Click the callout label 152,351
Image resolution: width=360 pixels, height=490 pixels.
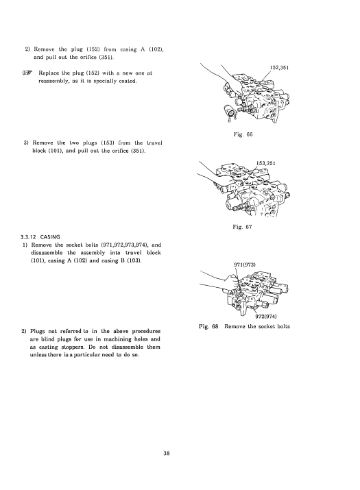pyautogui.click(x=279, y=67)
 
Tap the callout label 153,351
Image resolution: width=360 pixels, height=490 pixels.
pyautogui.click(x=266, y=163)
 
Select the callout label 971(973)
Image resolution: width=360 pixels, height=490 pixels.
pyautogui.click(x=245, y=265)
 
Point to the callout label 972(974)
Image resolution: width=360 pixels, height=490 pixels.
pyautogui.click(x=266, y=316)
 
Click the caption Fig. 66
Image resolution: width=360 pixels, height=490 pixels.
pyautogui.click(x=243, y=134)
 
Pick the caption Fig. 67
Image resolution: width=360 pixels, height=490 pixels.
pyautogui.click(x=242, y=227)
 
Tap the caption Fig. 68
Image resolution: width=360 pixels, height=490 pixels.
pyautogui.click(x=208, y=326)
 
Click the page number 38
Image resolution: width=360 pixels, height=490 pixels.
pyautogui.click(x=167, y=453)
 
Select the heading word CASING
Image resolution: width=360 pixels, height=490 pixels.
pyautogui.click(x=50, y=237)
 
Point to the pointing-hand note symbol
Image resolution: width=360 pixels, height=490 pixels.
pyautogui.click(x=27, y=73)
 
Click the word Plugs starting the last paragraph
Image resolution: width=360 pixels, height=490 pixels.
pyautogui.click(x=38, y=331)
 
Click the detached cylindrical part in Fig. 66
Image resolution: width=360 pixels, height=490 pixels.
pyautogui.click(x=230, y=112)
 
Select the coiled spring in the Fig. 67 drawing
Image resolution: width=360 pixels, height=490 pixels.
pyautogui.click(x=241, y=207)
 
